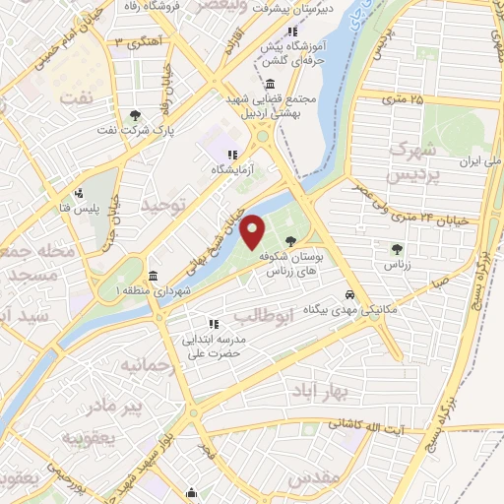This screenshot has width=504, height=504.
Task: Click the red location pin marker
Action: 253,231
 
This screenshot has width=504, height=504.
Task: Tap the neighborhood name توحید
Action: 161,204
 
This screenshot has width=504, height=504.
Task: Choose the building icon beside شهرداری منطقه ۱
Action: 153,276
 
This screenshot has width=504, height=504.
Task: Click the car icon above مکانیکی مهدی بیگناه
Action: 350,294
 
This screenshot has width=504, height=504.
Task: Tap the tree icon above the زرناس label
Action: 397,249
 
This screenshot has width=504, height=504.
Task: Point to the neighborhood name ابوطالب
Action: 264,317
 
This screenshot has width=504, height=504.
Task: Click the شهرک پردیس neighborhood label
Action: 412,162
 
